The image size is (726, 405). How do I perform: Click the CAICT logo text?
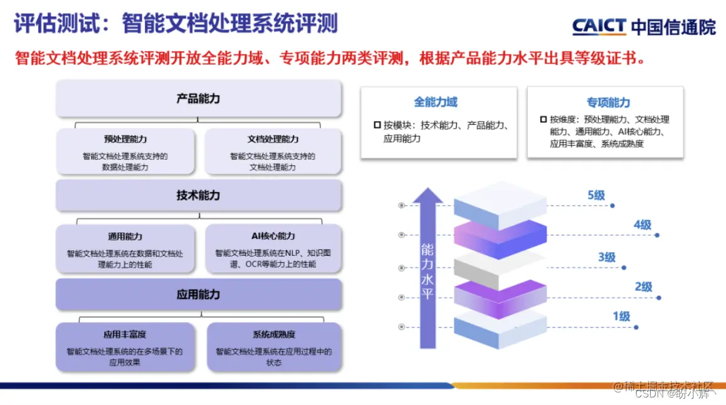pyautogui.click(x=599, y=26)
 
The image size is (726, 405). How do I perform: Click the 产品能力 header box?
pyautogui.click(x=198, y=98)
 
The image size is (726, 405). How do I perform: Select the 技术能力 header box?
pyautogui.click(x=198, y=196)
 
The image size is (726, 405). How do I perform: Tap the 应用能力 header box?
pyautogui.click(x=198, y=294)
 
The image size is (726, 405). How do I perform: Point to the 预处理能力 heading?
pyautogui.click(x=125, y=139)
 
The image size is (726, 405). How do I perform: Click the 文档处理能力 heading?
pyautogui.click(x=273, y=139)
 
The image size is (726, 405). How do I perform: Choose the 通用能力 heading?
pyautogui.click(x=125, y=236)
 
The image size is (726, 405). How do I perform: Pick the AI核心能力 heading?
pyautogui.click(x=273, y=236)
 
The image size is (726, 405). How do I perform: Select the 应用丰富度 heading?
pyautogui.click(x=125, y=335)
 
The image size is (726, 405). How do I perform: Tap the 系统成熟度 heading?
pyautogui.click(x=273, y=335)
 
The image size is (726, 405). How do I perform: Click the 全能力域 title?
pyautogui.click(x=436, y=102)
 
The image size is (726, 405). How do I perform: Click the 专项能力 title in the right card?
pyautogui.click(x=608, y=102)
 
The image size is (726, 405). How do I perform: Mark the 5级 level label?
pyautogui.click(x=596, y=195)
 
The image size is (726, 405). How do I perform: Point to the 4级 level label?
pyautogui.click(x=642, y=224)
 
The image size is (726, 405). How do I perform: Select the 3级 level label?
pyautogui.click(x=606, y=257)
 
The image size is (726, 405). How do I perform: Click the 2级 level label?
pyautogui.click(x=643, y=287)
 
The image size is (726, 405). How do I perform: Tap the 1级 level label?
pyautogui.click(x=621, y=316)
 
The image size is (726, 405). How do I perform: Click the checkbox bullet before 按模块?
pyautogui.click(x=377, y=125)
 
